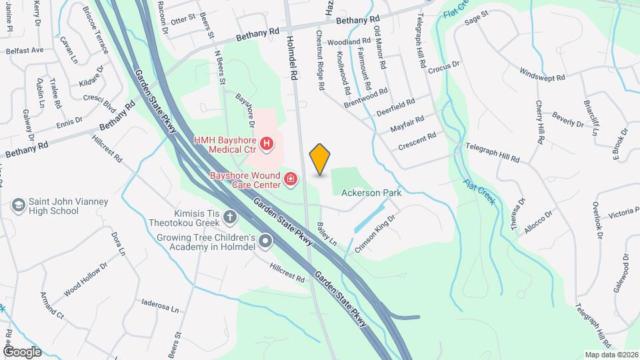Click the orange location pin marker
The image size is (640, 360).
[x=320, y=159]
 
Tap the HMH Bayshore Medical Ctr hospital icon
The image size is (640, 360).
[x=267, y=143]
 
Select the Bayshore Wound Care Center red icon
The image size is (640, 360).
[x=291, y=179]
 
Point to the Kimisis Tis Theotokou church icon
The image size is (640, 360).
[x=230, y=217]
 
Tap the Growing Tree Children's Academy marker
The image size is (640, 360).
[x=265, y=241]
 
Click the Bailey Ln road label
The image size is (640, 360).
[x=327, y=233]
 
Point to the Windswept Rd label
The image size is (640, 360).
[x=542, y=74]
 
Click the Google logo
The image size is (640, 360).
[x=22, y=351]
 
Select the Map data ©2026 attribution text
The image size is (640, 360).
[x=611, y=355]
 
